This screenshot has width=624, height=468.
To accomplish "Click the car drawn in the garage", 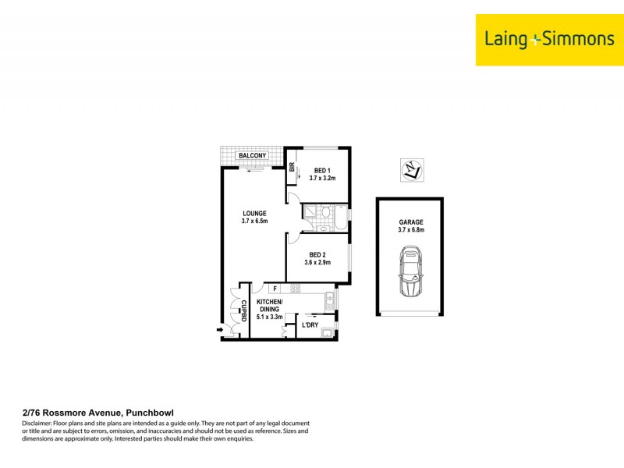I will click(410, 272).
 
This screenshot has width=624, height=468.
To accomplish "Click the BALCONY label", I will click(253, 156).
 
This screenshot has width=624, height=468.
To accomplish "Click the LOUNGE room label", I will click(254, 213).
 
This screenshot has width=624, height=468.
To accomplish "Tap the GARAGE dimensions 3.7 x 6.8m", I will click(410, 231).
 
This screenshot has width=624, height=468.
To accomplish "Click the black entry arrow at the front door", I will click(221, 331).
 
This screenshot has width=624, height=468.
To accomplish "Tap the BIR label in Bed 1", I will click(292, 167).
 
